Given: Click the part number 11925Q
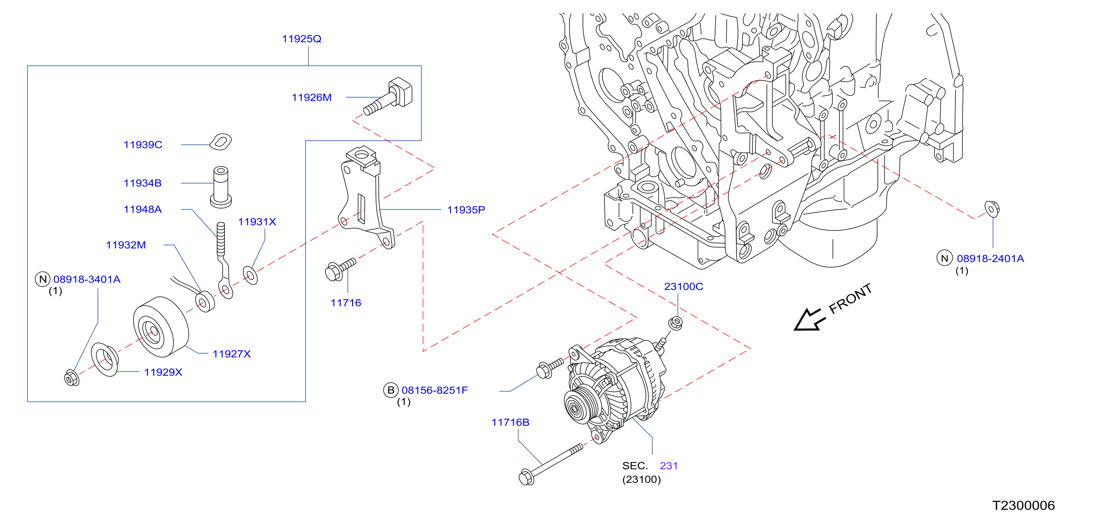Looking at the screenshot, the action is coord(302,39).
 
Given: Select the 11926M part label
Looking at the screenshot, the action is coord(311,98).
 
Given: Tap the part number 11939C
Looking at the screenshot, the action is coord(143,145).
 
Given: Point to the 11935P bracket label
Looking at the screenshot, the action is coord(466,210).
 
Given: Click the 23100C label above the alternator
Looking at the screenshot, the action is coord(684,287).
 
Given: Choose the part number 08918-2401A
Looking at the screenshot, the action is coord(990,259).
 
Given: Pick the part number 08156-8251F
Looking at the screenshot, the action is coord(435,390).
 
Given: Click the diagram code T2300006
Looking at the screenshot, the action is coord(1023,505).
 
